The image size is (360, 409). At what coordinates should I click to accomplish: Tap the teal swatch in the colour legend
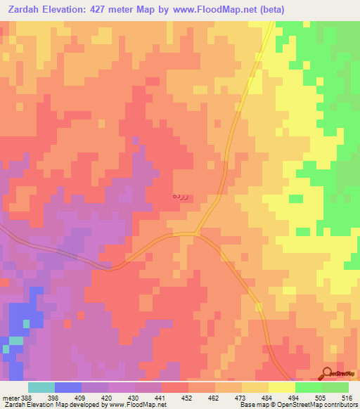(x=41, y=387)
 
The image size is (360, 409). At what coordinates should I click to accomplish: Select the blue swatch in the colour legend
(x=68, y=387)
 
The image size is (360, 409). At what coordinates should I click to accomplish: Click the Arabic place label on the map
(x=180, y=197)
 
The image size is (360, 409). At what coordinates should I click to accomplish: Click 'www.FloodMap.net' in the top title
(x=260, y=9)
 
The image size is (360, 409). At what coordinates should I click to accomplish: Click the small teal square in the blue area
(x=27, y=323)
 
